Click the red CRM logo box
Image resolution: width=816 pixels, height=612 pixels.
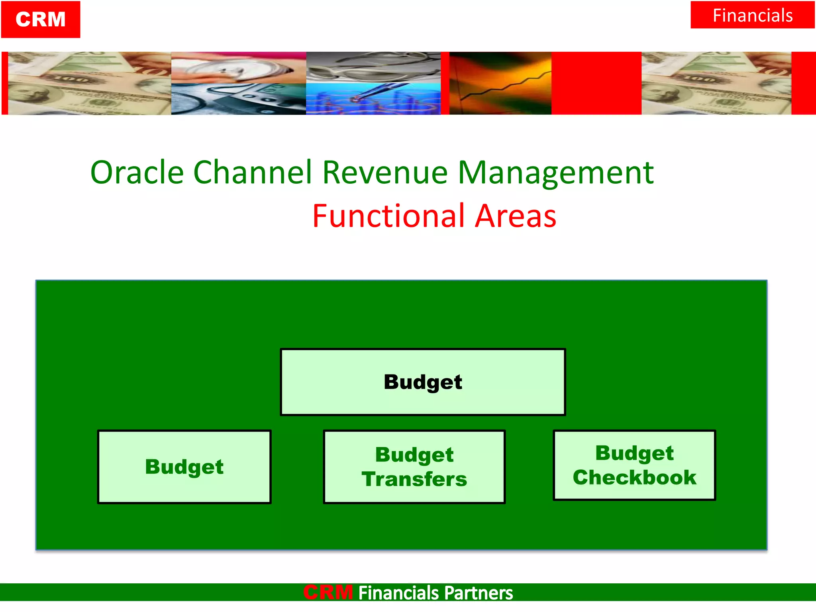(41, 20)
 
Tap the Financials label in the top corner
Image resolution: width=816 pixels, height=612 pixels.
(752, 16)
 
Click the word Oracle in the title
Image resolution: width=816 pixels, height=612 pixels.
(137, 173)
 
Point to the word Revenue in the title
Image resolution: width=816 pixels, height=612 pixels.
(385, 173)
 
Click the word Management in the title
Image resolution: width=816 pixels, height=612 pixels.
(555, 173)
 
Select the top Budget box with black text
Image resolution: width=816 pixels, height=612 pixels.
(423, 382)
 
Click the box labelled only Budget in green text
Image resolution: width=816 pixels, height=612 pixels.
(184, 467)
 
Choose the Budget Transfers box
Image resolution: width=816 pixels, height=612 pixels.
(414, 467)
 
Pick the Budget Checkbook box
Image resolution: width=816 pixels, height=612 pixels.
(634, 465)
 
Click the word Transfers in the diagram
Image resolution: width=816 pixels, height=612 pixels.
(414, 479)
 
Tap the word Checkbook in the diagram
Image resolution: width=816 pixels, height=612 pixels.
(634, 478)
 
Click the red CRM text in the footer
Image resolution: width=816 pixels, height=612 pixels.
(328, 592)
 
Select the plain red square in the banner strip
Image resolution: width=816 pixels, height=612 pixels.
(596, 83)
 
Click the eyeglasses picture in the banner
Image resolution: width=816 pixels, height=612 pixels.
(373, 67)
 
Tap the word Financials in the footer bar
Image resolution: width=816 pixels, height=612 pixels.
(398, 593)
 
